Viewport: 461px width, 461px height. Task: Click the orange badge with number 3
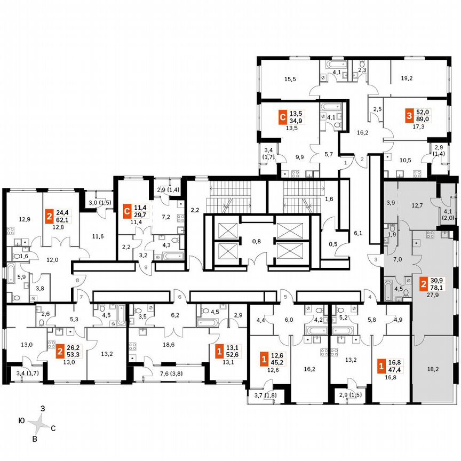[409, 115]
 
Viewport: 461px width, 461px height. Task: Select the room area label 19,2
[407, 78]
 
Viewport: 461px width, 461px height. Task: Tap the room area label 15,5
[290, 79]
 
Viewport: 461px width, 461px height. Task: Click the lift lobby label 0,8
[257, 241]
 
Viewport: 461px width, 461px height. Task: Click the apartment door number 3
[375, 259]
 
